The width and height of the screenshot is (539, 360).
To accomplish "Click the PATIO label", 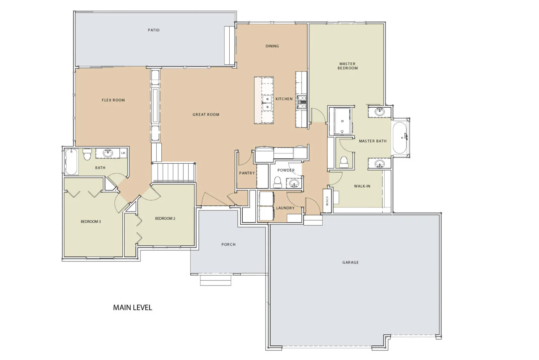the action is [153, 30].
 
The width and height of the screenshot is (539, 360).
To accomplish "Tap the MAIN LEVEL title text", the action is [133, 308].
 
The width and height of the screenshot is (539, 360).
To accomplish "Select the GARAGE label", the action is [350, 262].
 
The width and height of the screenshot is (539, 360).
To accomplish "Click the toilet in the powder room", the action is [278, 182].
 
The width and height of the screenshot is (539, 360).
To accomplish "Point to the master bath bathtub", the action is [400, 138].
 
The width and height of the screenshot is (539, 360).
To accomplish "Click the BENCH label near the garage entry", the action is [327, 201].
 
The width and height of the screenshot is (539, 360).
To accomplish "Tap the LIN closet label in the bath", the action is [124, 153].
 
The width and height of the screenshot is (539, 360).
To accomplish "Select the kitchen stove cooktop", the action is [302, 102].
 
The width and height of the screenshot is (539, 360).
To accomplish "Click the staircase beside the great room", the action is [174, 172].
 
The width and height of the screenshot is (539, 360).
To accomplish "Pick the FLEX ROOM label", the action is [113, 100].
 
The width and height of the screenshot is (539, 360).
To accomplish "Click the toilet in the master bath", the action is [344, 162].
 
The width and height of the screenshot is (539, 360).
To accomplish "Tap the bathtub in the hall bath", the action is [71, 162].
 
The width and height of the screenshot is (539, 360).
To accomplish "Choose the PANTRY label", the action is [247, 173].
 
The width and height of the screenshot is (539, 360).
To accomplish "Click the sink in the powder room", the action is [294, 183].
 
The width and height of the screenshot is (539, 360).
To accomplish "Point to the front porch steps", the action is [215, 280].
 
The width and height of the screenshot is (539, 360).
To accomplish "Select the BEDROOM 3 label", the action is [91, 222].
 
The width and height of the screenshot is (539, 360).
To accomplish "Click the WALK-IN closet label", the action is [362, 186].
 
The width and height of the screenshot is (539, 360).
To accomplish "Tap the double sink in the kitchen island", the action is [267, 103].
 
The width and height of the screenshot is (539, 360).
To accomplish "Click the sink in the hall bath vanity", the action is [108, 153].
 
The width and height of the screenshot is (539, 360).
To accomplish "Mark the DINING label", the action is [272, 46].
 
